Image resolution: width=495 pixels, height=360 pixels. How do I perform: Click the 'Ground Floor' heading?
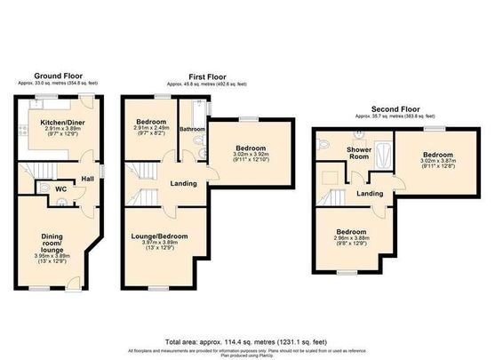60,76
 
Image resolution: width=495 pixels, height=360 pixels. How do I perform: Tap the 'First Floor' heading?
207,76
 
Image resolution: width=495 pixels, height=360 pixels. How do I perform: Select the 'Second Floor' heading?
397,109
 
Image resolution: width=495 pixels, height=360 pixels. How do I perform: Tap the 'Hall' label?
87,179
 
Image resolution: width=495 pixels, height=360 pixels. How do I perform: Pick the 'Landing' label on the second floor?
370,192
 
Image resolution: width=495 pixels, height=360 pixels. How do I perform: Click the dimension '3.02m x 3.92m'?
248,153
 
